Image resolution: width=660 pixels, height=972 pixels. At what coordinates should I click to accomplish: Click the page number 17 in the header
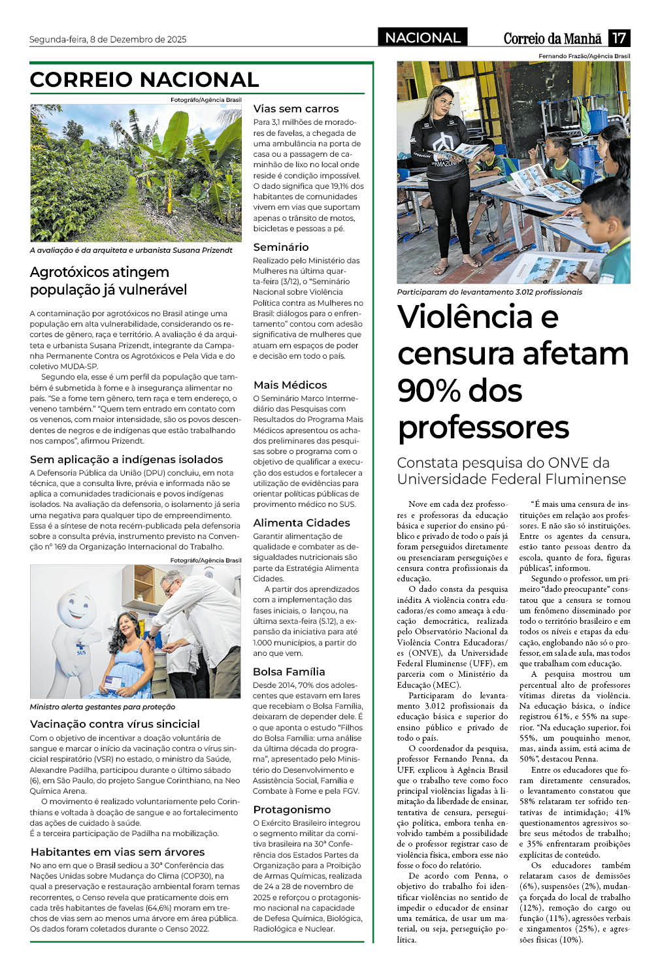coord(619,38)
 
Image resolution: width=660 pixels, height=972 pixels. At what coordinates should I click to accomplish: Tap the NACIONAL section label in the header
coord(423,38)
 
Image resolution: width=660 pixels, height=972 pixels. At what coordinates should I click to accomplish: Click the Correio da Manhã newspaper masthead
coord(553,38)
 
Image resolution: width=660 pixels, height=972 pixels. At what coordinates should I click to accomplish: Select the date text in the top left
coord(108,39)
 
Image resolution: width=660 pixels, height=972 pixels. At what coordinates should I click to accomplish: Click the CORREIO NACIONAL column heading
coord(144,80)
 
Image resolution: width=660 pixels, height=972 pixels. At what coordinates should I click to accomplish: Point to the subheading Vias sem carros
coord(296,109)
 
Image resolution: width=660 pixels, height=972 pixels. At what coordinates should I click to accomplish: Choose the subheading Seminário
coord(281,247)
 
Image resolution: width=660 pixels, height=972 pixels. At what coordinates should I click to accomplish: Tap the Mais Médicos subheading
coord(290,385)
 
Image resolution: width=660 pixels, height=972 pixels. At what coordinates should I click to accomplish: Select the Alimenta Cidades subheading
coord(301,523)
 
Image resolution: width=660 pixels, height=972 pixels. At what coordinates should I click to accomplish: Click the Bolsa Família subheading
coord(289,672)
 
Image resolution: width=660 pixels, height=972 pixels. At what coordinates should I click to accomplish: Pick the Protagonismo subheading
coord(291,809)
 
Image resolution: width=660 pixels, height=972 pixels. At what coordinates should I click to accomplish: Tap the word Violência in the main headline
coord(464,317)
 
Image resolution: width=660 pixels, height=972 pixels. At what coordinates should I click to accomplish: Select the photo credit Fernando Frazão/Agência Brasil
coord(584,56)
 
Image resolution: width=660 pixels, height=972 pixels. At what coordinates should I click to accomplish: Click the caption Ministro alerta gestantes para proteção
coord(102,707)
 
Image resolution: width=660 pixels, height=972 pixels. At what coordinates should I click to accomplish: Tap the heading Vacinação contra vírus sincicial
coord(115,724)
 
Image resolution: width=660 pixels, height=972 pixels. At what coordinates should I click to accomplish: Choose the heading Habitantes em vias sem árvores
coord(118,852)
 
